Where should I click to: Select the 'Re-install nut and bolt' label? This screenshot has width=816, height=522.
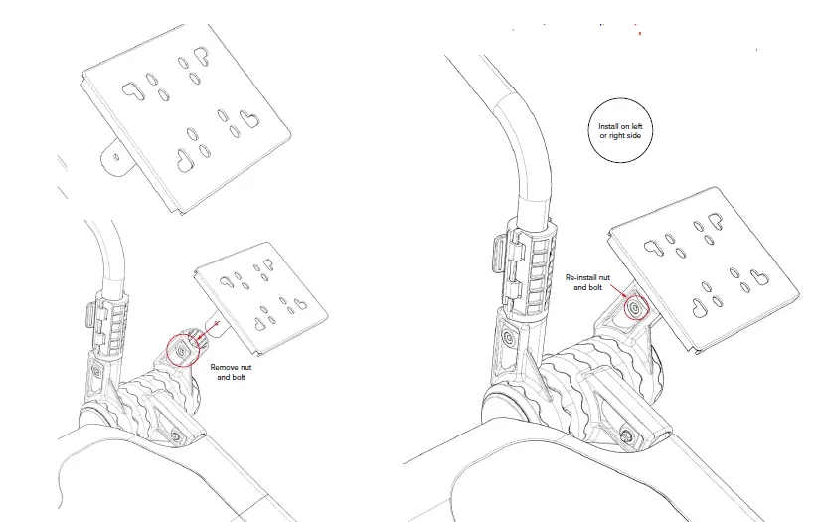(583, 282)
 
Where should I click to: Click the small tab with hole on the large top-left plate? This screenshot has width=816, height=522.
(115, 156)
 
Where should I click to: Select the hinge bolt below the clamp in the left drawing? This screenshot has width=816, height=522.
(97, 372)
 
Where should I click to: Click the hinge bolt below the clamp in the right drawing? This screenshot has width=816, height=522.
(509, 337)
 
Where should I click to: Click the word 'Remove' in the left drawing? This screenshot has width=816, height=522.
(224, 366)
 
